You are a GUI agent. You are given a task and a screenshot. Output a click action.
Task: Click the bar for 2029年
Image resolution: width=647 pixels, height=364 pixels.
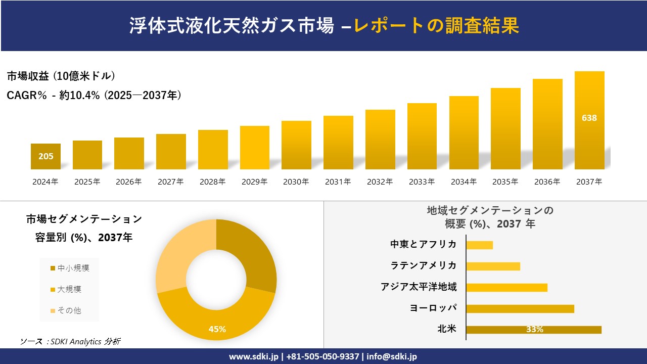(x=255, y=148)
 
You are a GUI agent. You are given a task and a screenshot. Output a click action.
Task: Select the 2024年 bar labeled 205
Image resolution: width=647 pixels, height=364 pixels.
(x=45, y=156)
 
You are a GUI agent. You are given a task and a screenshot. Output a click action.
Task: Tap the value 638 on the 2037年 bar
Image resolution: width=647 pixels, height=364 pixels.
(x=589, y=118)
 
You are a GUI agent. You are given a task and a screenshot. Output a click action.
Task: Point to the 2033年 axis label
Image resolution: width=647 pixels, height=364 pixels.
(x=422, y=182)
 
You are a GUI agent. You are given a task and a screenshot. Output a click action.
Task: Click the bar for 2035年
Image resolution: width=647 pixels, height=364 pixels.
(x=505, y=129)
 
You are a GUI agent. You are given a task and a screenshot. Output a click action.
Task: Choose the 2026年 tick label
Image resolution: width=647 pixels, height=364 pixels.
(x=129, y=182)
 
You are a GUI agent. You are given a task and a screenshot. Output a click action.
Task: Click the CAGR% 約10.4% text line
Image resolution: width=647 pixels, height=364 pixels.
(x=94, y=95)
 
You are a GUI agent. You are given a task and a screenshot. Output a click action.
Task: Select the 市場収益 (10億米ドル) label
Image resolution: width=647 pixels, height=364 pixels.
(x=61, y=76)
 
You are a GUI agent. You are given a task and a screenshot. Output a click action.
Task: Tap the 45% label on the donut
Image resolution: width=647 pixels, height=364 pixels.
(x=217, y=329)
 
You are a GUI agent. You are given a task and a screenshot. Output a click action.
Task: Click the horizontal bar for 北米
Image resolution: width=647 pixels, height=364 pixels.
(x=533, y=330)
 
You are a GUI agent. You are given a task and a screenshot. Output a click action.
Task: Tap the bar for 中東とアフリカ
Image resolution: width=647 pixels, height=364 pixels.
(x=479, y=245)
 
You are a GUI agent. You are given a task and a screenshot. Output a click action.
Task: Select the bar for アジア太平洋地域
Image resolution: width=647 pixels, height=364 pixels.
(x=506, y=288)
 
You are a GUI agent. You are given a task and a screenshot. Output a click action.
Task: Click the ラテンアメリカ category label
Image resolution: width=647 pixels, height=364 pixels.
(x=424, y=266)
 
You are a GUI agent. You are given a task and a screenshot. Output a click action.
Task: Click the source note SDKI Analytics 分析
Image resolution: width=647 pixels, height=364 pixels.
(x=71, y=342)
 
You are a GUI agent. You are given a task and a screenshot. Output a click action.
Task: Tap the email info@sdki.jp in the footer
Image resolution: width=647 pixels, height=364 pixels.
(x=393, y=356)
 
